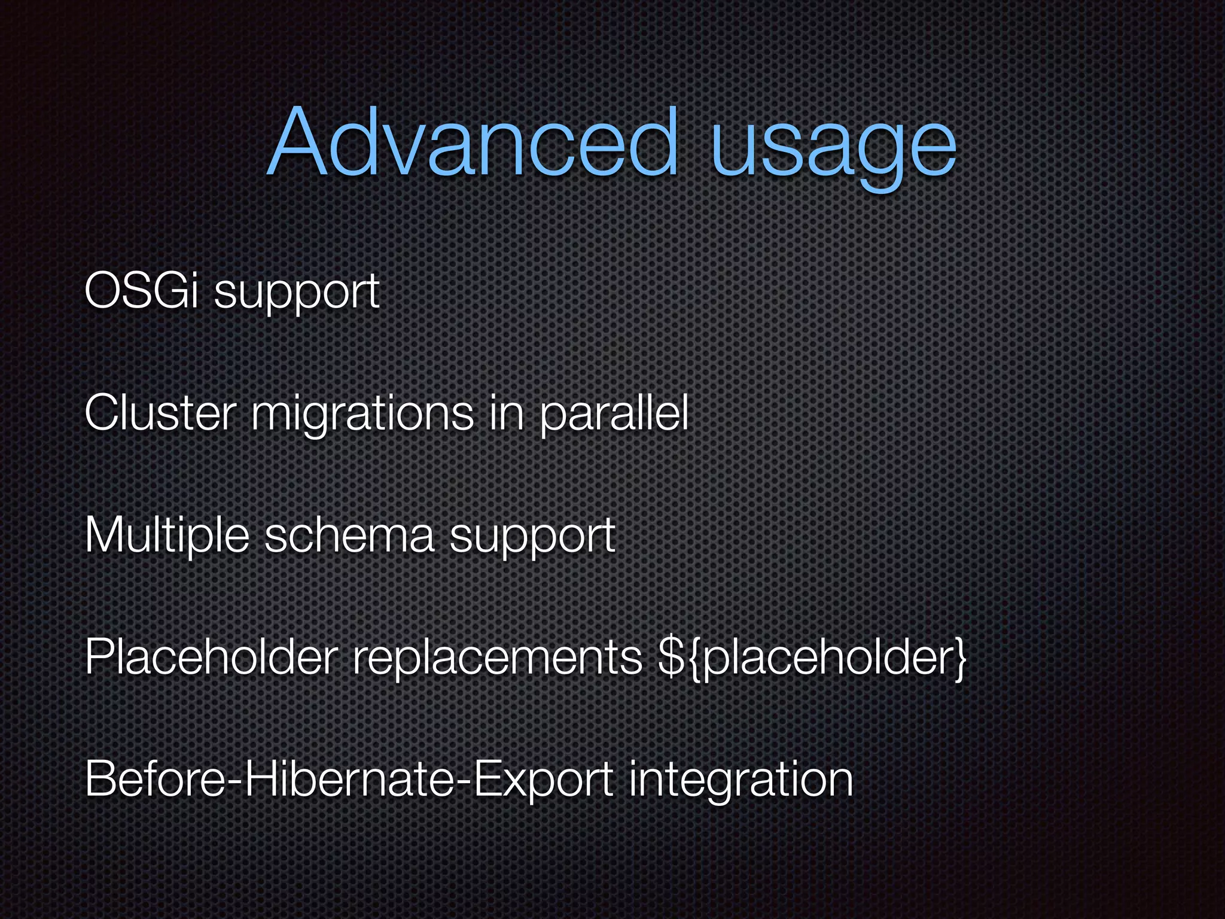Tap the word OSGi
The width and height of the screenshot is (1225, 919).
141,291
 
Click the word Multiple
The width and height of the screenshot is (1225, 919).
167,536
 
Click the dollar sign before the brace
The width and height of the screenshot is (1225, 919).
669,657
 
